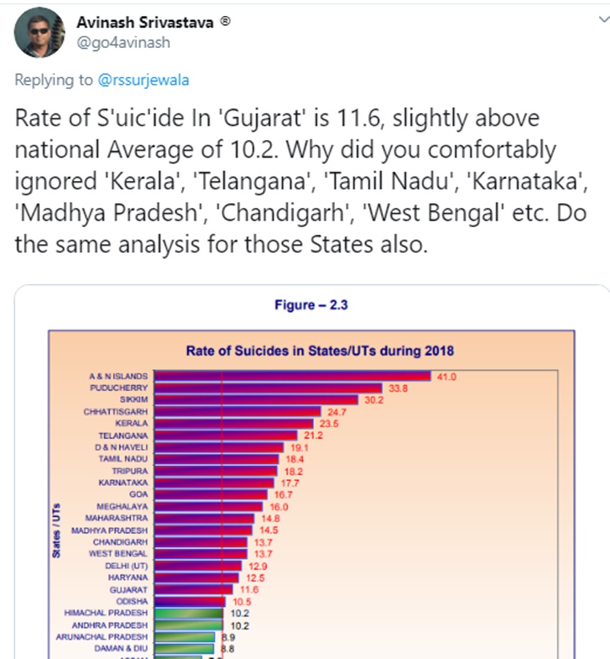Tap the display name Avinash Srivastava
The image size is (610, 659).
point(145,22)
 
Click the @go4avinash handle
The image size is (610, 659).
point(123,42)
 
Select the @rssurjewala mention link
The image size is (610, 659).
point(144,80)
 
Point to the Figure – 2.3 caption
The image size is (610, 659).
point(311,305)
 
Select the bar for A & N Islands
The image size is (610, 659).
point(292,376)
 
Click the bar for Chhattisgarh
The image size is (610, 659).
point(238,412)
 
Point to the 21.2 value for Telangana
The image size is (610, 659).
point(314,435)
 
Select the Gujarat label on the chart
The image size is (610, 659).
point(130,589)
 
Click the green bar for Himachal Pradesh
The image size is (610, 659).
point(187,613)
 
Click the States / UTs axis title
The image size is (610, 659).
point(56,531)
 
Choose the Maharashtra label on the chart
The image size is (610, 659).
point(116,518)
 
